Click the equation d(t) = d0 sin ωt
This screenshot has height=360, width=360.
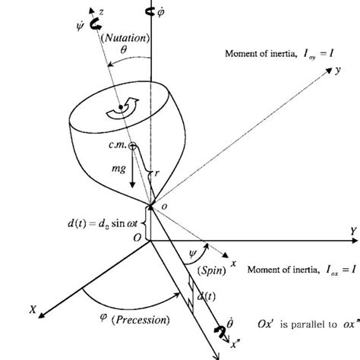104,223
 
